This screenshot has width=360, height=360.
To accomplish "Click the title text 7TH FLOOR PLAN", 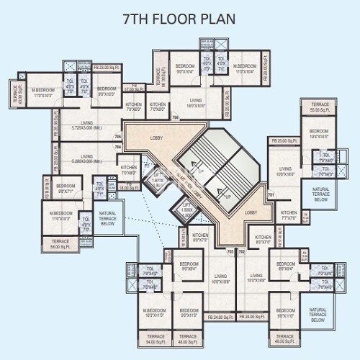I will click(180, 15).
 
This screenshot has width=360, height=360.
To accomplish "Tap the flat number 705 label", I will click(117, 136).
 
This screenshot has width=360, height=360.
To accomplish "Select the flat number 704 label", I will click(117, 147).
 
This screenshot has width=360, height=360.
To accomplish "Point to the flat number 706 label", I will click(175, 117).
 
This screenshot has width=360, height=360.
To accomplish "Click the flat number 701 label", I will click(271, 195).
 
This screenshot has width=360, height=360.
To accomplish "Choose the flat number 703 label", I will click(230, 252).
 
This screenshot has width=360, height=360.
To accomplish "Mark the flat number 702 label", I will click(242, 252).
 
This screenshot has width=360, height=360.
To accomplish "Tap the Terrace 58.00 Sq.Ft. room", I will click(60, 244).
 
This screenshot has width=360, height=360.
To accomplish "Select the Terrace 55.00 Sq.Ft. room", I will click(320, 108).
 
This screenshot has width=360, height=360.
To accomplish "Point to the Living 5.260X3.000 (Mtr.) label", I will click(86, 158).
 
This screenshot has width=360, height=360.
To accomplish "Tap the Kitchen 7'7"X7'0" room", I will click(289, 214).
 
